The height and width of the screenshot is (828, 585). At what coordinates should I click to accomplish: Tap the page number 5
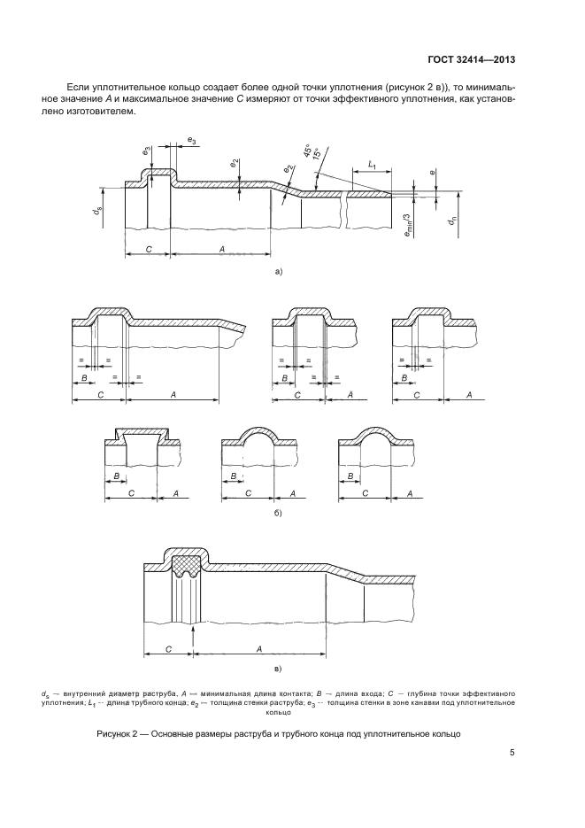point(512,754)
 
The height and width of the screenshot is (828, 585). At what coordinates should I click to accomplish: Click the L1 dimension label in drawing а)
point(372,166)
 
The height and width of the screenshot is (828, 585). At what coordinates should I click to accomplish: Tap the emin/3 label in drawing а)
point(407,219)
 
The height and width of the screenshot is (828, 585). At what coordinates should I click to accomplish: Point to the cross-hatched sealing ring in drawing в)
point(185,562)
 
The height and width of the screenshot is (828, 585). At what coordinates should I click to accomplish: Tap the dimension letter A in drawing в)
point(259,648)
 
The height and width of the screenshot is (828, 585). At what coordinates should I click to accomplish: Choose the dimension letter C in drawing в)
point(167,648)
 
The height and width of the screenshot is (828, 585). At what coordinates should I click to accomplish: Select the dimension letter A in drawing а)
point(221,251)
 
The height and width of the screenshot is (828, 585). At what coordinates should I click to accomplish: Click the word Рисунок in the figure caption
point(116,734)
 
